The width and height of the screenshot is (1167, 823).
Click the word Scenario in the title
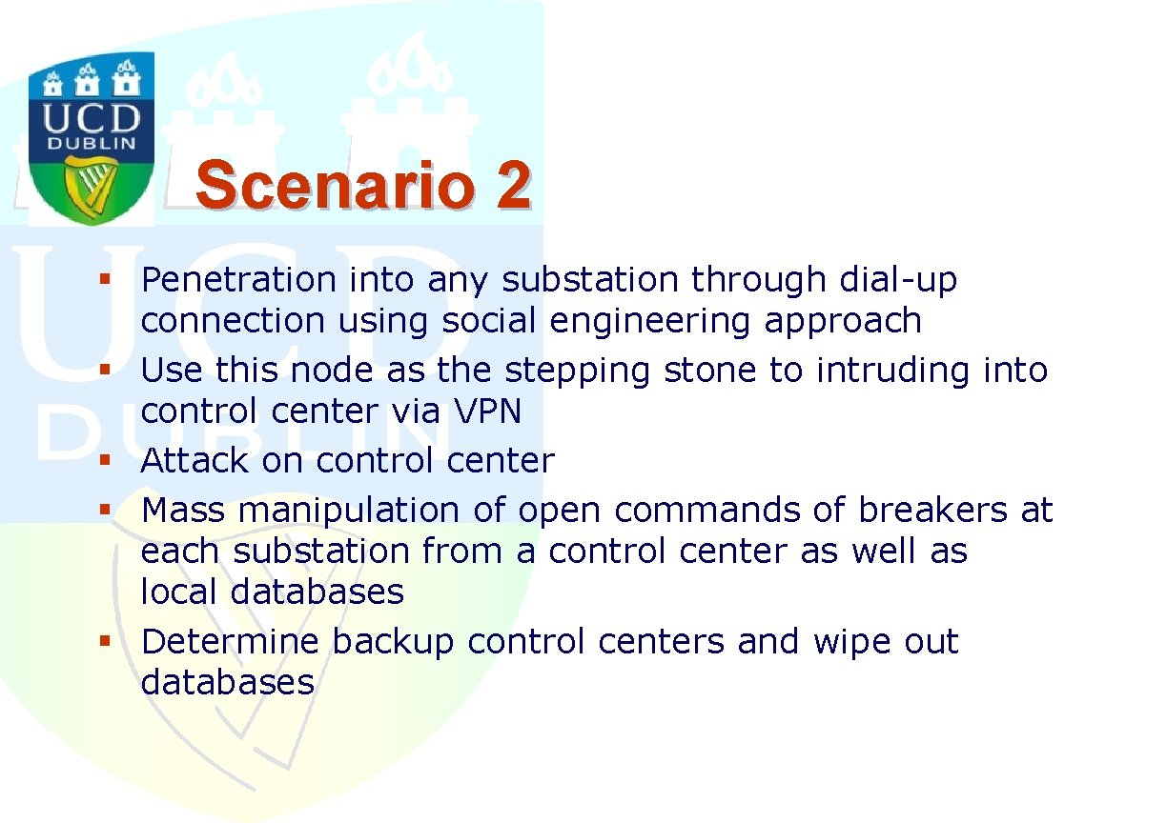pyautogui.click(x=335, y=185)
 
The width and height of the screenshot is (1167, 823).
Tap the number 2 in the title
pyautogui.click(x=514, y=185)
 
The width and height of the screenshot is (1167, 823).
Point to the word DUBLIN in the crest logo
pyautogui.click(x=92, y=144)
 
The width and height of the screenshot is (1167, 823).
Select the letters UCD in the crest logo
pyautogui.click(x=92, y=118)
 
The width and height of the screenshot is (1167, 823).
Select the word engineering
pyautogui.click(x=649, y=322)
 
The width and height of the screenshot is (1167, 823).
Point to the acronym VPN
pyautogui.click(x=487, y=411)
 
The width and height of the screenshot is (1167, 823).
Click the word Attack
pyautogui.click(x=194, y=460)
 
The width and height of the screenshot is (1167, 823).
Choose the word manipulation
pyautogui.click(x=349, y=512)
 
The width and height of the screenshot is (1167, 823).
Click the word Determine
pyautogui.click(x=230, y=641)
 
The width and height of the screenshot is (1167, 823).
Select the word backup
pyautogui.click(x=394, y=643)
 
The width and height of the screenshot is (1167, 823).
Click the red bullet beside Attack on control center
pyautogui.click(x=105, y=460)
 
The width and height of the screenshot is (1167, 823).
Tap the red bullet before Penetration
pyautogui.click(x=105, y=279)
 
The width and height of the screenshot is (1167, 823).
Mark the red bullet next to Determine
pyautogui.click(x=105, y=641)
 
